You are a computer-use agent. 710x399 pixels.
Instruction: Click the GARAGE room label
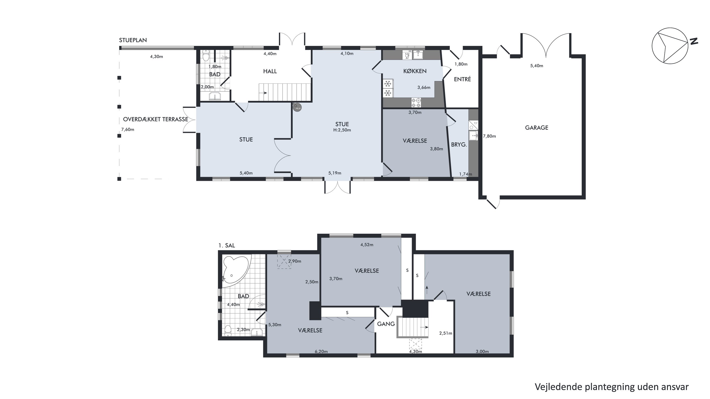click(x=536, y=128)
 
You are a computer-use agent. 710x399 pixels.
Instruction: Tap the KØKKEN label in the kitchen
click(x=415, y=71)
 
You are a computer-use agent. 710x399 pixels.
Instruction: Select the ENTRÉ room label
click(x=462, y=79)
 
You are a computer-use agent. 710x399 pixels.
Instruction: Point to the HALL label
click(x=270, y=71)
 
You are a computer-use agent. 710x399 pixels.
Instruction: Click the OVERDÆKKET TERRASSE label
click(x=155, y=119)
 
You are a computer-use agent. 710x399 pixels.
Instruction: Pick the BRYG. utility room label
click(x=459, y=145)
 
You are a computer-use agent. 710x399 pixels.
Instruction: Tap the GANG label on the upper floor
click(x=386, y=324)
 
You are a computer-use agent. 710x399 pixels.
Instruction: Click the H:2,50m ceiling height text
click(x=342, y=130)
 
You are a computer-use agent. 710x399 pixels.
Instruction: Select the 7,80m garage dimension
click(x=489, y=136)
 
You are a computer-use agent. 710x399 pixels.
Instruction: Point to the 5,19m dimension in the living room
click(x=335, y=173)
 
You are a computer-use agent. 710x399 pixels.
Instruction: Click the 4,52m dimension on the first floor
click(x=367, y=245)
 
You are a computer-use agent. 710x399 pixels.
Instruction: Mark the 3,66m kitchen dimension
click(x=424, y=88)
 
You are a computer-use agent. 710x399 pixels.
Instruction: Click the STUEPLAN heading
click(x=133, y=40)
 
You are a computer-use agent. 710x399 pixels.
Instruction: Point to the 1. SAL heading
click(x=226, y=245)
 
